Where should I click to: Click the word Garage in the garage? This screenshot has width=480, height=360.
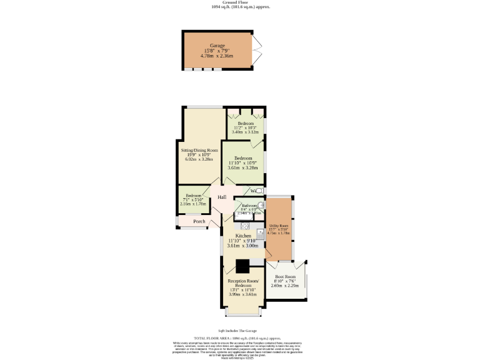217,46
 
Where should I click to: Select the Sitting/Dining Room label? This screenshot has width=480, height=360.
199,151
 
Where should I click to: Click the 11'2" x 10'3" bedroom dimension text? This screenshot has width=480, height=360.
245,128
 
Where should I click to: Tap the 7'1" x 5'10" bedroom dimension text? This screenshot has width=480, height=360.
192,200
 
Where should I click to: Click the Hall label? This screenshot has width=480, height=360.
222,197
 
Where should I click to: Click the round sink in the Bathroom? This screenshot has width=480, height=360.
261,204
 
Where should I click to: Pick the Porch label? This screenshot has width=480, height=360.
199,221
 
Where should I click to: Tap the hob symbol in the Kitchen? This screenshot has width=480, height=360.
245,226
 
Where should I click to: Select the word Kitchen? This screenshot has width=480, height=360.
242,236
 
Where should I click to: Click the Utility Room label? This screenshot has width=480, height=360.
278,226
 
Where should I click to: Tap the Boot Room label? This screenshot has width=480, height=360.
285,276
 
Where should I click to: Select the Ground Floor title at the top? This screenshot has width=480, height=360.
239,2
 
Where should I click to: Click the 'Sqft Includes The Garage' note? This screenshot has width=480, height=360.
237,331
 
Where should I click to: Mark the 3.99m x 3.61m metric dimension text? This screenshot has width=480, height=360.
243,294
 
